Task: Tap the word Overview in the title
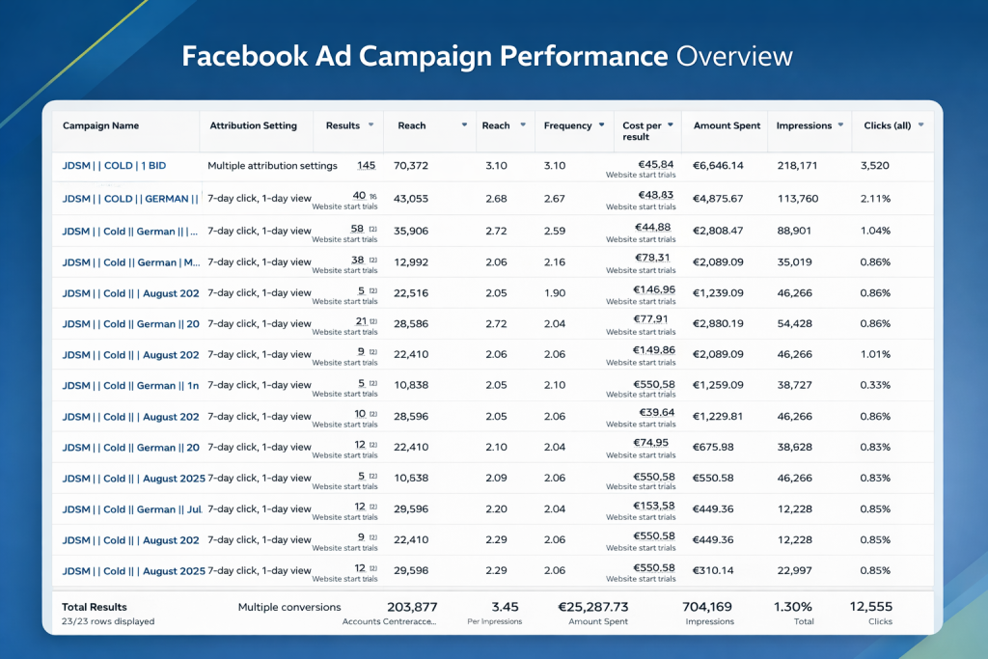click(x=734, y=55)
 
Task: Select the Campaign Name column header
click(x=100, y=125)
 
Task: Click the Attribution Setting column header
click(x=254, y=125)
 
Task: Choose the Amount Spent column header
click(x=727, y=125)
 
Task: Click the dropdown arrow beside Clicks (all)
click(x=921, y=125)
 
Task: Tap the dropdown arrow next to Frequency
click(x=601, y=125)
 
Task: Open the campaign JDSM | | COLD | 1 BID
click(x=114, y=166)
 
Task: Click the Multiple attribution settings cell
click(x=272, y=166)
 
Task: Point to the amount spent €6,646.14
click(x=718, y=166)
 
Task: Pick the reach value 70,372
click(x=411, y=166)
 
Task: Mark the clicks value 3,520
click(x=874, y=166)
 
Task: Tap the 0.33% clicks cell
click(x=875, y=385)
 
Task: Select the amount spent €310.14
click(x=714, y=570)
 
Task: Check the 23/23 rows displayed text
click(x=108, y=621)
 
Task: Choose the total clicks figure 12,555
click(x=870, y=607)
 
